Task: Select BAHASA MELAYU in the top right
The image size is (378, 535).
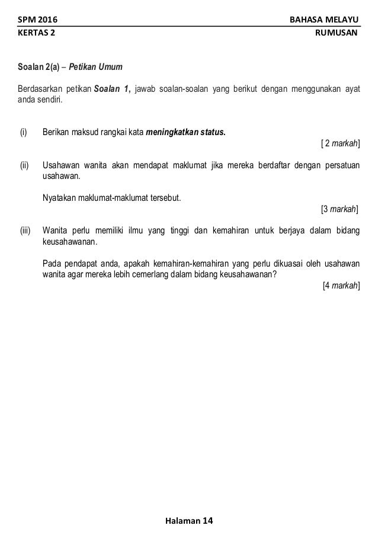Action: (323, 21)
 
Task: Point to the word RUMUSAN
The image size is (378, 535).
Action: (338, 33)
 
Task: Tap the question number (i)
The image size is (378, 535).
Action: (24, 132)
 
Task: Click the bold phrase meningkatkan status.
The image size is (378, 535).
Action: (185, 132)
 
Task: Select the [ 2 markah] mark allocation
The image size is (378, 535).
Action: (339, 143)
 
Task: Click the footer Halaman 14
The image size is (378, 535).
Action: (189, 521)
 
